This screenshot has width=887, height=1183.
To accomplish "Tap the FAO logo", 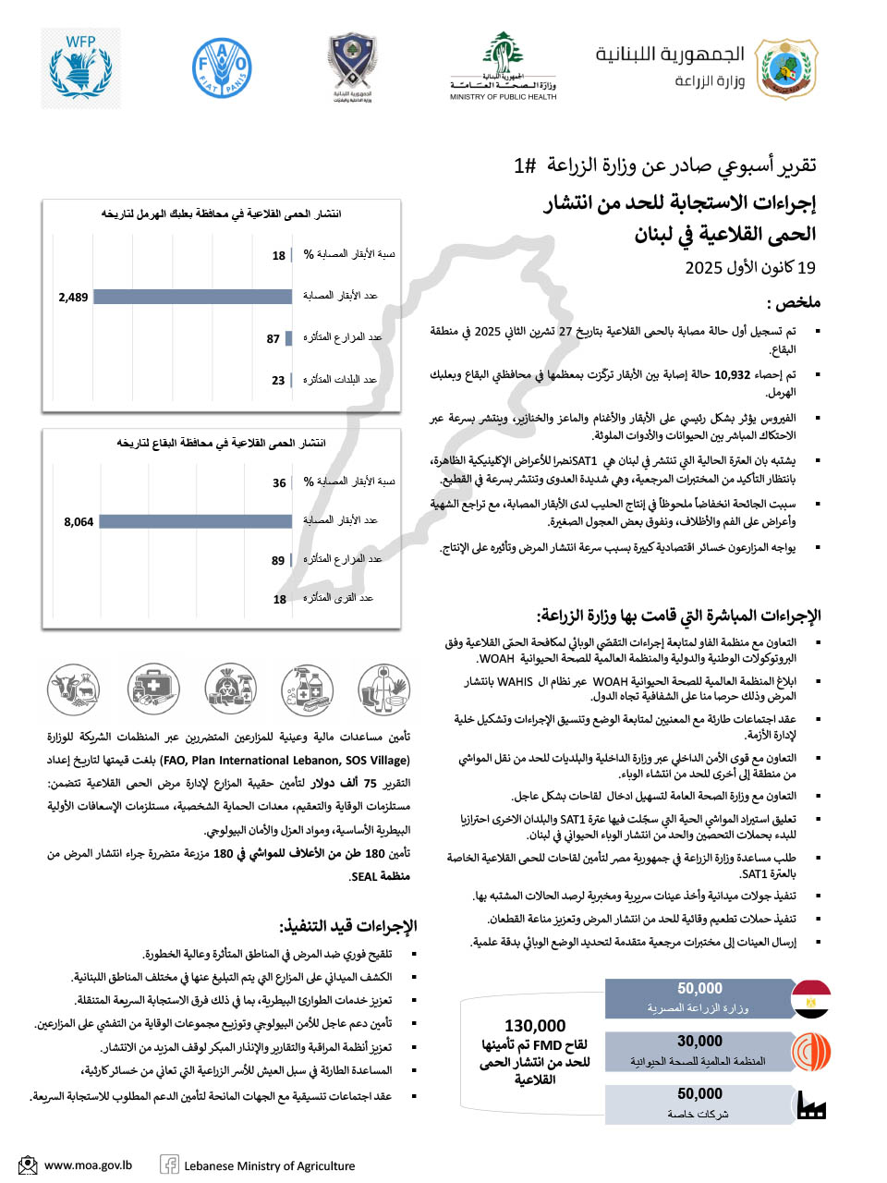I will (x=222, y=67).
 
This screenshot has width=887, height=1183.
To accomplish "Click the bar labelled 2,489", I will (x=193, y=297).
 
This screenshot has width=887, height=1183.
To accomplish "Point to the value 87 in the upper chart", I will (x=273, y=339).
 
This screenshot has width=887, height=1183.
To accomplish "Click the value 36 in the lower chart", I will (x=279, y=482).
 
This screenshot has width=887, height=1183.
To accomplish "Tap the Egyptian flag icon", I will (x=811, y=999).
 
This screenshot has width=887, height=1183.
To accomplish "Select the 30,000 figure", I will (x=699, y=1042).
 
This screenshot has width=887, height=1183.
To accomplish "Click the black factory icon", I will (x=810, y=1105).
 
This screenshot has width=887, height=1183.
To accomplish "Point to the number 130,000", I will (x=535, y=1026).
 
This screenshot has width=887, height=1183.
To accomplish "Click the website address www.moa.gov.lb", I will (x=88, y=1165).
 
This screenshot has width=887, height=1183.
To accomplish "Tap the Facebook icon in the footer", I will (x=170, y=1165).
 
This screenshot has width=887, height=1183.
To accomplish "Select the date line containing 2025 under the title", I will (x=750, y=268).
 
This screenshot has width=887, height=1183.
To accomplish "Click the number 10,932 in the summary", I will (x=732, y=375).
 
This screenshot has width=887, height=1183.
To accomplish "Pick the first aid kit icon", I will (x=153, y=689).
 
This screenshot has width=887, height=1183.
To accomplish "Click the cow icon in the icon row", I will (x=74, y=689).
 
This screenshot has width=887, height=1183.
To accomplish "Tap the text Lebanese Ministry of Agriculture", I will (x=269, y=1166).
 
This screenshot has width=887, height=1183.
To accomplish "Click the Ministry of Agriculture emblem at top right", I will (x=787, y=67).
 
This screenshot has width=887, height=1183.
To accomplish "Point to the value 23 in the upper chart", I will (x=278, y=381).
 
